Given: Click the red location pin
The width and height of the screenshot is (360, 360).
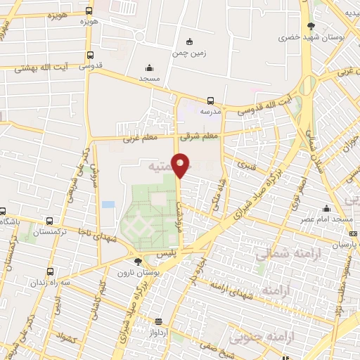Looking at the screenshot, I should click(181, 165).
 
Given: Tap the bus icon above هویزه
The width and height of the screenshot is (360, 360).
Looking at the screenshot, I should click(89, 11).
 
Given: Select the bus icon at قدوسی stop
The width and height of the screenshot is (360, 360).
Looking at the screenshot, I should click(90, 56).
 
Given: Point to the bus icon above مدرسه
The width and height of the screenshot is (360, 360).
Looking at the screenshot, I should click(211, 101).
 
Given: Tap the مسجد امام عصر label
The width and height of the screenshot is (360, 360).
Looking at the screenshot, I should click(328, 219).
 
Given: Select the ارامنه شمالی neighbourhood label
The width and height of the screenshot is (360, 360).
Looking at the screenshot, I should click(281, 254).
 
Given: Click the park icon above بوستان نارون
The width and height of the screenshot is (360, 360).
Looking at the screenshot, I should click(138, 262).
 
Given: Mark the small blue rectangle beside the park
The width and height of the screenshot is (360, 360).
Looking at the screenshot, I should click(108, 205).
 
